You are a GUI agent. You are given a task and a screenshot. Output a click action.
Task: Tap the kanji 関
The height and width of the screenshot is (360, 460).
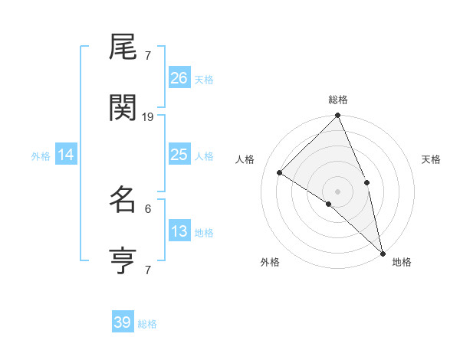point(123,110)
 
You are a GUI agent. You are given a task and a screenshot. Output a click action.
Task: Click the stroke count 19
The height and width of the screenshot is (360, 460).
point(148,117)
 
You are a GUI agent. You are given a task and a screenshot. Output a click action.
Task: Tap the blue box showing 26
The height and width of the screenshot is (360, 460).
point(179,78)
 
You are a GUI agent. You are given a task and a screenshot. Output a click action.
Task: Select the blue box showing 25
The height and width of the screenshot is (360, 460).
point(179,155)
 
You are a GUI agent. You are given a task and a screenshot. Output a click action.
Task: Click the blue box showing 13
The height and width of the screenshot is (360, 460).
point(179,231)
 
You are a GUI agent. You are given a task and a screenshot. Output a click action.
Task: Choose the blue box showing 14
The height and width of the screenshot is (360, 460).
point(66,155)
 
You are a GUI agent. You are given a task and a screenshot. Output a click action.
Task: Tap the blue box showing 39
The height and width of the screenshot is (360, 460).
point(123,322)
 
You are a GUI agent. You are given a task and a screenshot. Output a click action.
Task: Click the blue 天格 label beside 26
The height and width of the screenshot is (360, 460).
point(204,79)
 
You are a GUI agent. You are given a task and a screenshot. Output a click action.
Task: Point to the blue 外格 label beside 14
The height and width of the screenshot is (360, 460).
point(41,155)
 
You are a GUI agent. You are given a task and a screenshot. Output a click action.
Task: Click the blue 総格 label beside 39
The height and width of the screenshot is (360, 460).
point(147,324)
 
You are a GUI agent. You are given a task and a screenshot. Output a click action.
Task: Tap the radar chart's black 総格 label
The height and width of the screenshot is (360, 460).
point(338,100)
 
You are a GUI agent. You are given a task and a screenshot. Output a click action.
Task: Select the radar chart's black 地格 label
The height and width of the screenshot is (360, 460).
point(402,262)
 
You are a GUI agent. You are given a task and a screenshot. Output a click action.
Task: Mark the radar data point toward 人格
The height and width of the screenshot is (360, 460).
point(280,172)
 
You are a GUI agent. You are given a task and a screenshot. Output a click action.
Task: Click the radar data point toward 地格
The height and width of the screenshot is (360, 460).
point(383,252)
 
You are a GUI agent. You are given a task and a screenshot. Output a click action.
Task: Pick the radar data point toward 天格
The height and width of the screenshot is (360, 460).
point(366,182)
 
